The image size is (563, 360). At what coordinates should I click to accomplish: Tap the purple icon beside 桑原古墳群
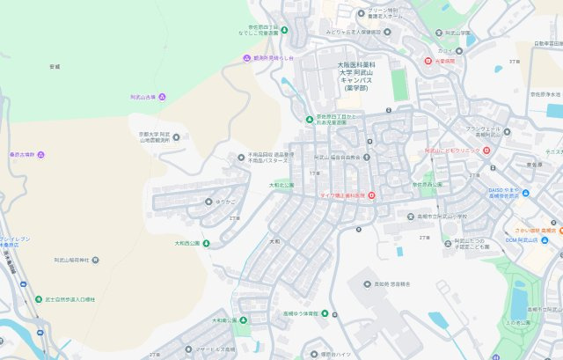click(41, 155)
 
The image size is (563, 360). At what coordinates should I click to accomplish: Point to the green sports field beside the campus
click(400, 85)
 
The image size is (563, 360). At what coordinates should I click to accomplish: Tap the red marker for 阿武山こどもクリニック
click(486, 151)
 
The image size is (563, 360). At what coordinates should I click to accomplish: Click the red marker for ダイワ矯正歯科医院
click(371, 195)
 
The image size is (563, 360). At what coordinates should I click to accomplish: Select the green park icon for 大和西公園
click(206, 243)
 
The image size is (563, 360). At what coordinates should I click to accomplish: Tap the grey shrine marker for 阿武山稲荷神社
click(95, 261)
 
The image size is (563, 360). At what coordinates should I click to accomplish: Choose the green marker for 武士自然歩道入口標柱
click(38, 299)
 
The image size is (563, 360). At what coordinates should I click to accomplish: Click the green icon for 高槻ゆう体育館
click(324, 313)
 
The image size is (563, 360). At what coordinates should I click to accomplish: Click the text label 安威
click(55, 66)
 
